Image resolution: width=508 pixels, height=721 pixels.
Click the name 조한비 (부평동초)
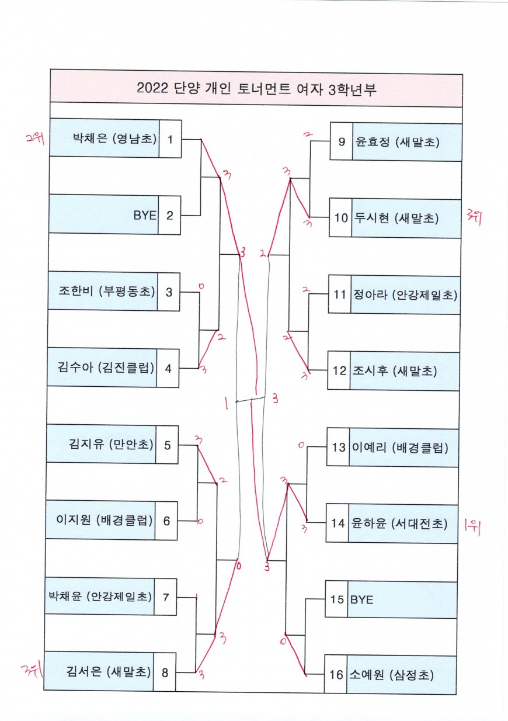tap(107, 290)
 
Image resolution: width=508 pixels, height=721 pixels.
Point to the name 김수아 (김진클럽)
tap(106, 368)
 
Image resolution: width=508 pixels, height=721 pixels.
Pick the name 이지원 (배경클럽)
tap(105, 520)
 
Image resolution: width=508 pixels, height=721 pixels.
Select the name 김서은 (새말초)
tap(108, 672)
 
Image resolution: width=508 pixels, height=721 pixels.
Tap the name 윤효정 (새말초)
tap(396, 142)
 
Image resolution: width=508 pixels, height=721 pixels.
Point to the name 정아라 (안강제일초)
tap(403, 294)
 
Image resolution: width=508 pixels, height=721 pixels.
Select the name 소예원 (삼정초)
tap(392, 675)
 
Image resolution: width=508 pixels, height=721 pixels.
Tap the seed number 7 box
tap(166, 597)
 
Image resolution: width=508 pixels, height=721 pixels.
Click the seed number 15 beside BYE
tap(337, 599)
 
